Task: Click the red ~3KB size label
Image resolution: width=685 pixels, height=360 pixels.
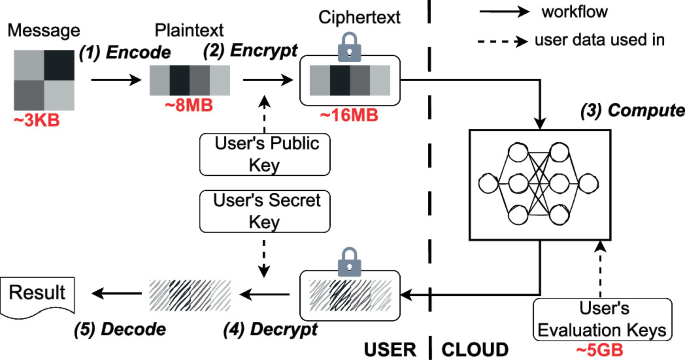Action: (x=37, y=120)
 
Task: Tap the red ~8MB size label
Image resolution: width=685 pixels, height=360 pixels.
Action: (x=189, y=105)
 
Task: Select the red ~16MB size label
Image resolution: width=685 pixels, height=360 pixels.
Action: (x=349, y=115)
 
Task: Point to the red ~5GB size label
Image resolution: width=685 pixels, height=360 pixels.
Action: (x=600, y=350)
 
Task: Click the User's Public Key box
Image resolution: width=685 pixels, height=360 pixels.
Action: (x=265, y=155)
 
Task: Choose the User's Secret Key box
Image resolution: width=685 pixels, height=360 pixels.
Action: (x=265, y=211)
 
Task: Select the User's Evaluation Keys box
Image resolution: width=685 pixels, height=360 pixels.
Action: (x=602, y=320)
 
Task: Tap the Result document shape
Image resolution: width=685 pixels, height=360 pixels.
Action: (x=38, y=295)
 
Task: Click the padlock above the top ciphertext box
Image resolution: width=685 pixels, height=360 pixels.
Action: (x=349, y=47)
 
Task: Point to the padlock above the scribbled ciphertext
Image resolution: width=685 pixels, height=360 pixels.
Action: (x=349, y=262)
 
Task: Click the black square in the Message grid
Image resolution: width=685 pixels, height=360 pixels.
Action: (x=59, y=65)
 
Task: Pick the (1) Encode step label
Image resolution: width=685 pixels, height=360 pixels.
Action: (x=125, y=52)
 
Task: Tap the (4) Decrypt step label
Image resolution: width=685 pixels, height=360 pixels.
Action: (x=270, y=329)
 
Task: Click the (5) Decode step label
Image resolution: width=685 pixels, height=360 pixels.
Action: (x=120, y=329)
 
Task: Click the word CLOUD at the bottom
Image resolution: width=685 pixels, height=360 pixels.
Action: (x=475, y=350)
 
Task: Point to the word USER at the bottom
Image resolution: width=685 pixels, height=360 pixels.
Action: (x=390, y=350)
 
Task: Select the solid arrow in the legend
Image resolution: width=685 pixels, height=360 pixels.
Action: (x=505, y=12)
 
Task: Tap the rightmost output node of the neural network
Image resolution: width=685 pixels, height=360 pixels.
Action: (x=588, y=183)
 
